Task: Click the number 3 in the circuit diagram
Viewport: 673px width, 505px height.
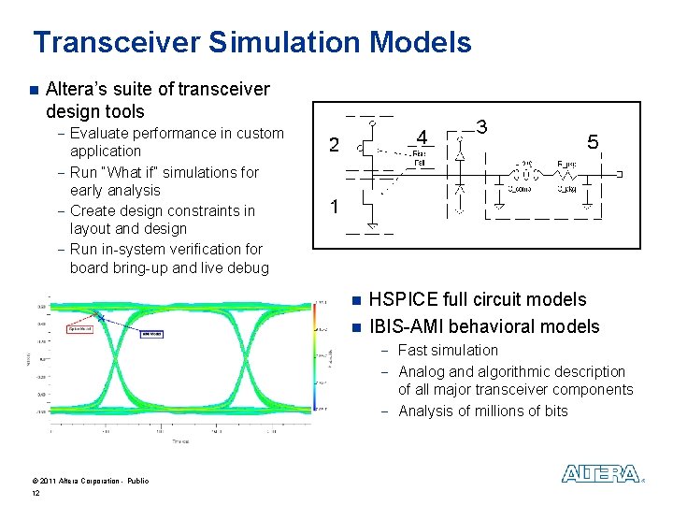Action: (x=481, y=126)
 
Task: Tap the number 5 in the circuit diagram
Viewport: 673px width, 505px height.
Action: (x=592, y=142)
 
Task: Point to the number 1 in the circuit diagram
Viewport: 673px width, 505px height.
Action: (x=334, y=207)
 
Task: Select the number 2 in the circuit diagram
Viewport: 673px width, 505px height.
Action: (x=334, y=145)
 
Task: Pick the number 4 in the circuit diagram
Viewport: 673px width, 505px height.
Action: (x=422, y=138)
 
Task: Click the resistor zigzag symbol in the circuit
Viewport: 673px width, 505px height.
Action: (x=566, y=175)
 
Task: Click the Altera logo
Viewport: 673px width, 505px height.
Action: (x=601, y=474)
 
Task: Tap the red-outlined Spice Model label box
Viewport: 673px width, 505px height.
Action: (x=79, y=328)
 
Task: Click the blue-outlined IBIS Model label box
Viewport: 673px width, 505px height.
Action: (x=151, y=334)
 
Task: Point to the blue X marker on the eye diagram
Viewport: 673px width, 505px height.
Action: (x=100, y=317)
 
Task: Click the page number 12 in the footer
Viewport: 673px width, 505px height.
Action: (x=36, y=493)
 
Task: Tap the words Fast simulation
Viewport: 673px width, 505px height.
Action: (x=448, y=351)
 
